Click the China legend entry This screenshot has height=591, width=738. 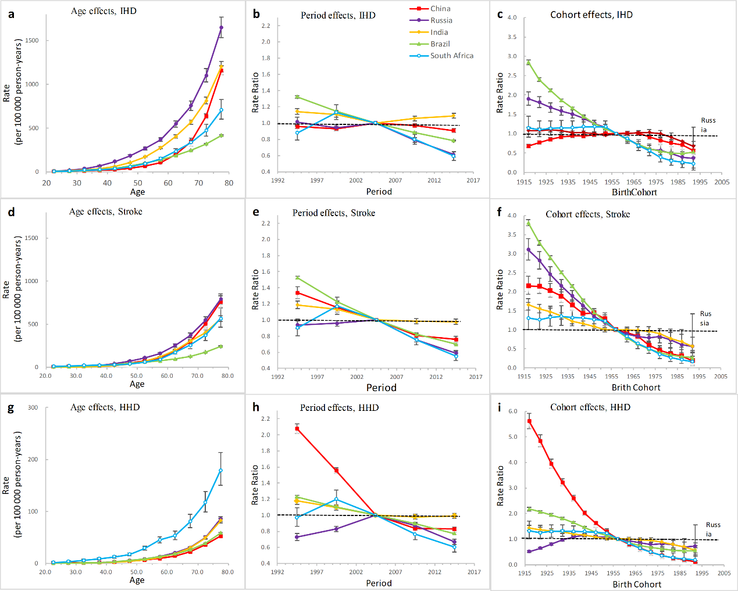[x=440, y=9]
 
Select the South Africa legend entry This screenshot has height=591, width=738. [x=451, y=56]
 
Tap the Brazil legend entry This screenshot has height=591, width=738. [x=440, y=44]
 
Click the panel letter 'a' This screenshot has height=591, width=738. [x=12, y=14]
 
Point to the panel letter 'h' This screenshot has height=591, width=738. [x=256, y=407]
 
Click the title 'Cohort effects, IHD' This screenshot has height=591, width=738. [x=591, y=15]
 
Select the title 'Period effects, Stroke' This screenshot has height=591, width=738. [x=334, y=213]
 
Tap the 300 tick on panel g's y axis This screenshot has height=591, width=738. [x=33, y=408]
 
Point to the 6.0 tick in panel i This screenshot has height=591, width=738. [x=512, y=411]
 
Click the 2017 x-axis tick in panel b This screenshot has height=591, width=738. [x=473, y=180]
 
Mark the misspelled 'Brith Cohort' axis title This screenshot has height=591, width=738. [x=636, y=388]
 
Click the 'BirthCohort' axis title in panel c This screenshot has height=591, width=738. [x=634, y=192]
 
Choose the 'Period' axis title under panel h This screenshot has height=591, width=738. [x=379, y=583]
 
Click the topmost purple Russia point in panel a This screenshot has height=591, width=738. [x=221, y=27]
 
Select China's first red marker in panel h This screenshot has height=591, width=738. [x=297, y=429]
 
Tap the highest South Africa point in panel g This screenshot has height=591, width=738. [x=221, y=471]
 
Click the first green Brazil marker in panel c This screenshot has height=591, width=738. [x=528, y=62]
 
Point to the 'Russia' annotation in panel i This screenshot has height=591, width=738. [x=712, y=529]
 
